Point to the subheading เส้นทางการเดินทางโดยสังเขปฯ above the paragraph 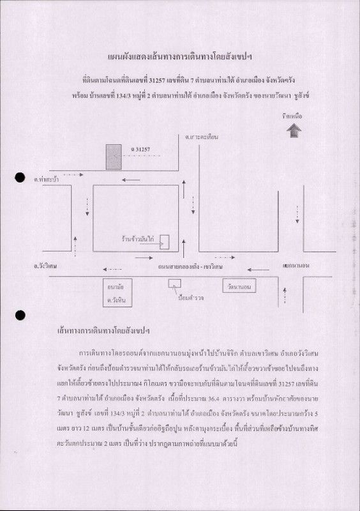point(108,332)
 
